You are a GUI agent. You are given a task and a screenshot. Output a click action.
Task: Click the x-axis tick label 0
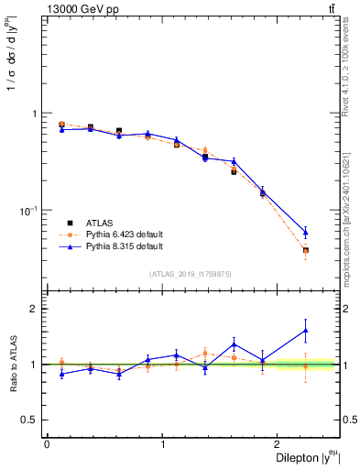(47, 443)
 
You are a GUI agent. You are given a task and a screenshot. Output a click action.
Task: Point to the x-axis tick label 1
(163, 443)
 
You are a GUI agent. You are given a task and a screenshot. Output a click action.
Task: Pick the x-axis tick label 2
(279, 443)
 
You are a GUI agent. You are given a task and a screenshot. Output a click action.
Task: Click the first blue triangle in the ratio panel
(61, 374)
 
